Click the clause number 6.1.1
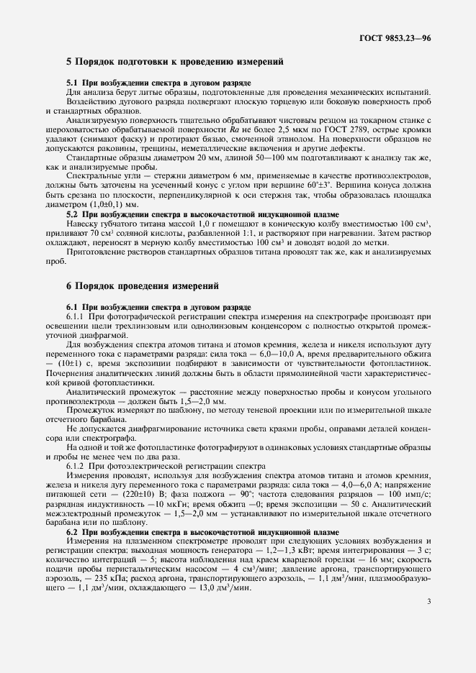pos(76,316)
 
